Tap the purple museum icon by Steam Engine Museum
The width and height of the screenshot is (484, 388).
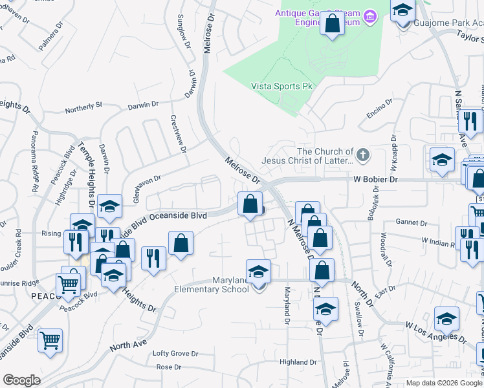tap(370, 14)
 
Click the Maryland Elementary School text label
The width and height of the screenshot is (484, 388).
tap(212, 285)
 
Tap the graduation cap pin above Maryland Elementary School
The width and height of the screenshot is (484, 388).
tap(258, 272)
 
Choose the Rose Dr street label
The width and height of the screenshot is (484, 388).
tap(169, 367)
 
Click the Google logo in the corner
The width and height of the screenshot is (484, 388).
tap(21, 380)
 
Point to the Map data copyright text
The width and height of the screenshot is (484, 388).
tap(444, 383)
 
